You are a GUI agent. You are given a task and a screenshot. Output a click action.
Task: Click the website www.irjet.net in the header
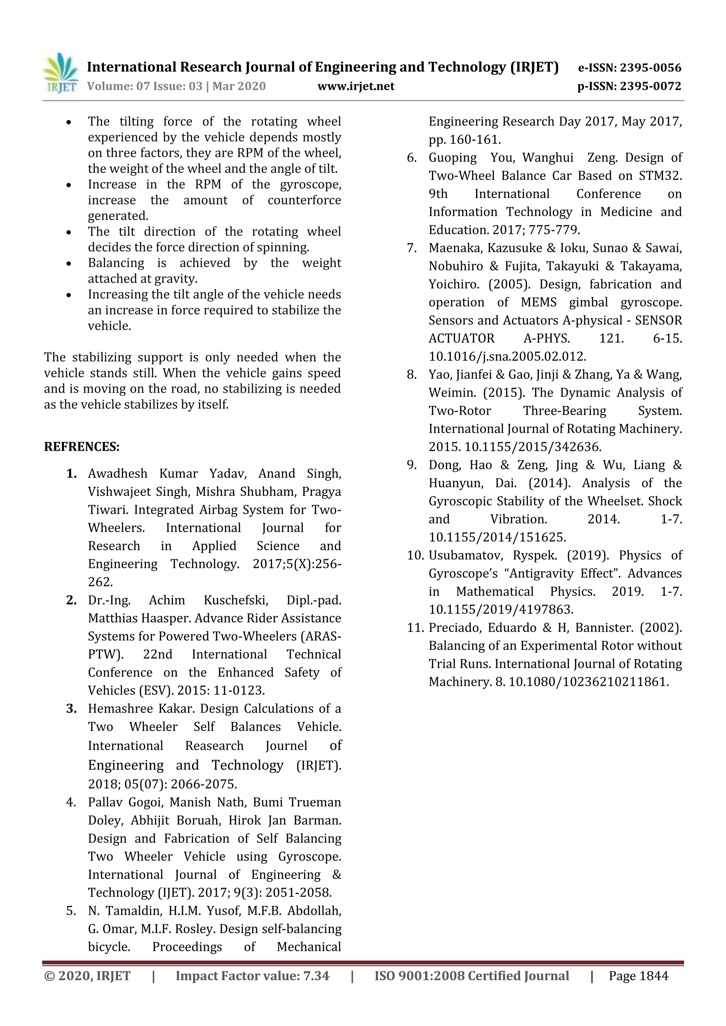pyautogui.click(x=356, y=86)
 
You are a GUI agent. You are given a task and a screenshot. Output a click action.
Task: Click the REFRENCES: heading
pyautogui.click(x=82, y=446)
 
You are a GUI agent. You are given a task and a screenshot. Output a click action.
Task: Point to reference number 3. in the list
pyautogui.click(x=72, y=709)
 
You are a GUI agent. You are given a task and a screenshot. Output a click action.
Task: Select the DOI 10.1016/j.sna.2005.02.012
pyautogui.click(x=507, y=357)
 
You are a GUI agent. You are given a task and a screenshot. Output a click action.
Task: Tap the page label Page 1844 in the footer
pyautogui.click(x=638, y=976)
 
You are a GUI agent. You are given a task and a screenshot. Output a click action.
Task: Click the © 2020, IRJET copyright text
pyautogui.click(x=87, y=976)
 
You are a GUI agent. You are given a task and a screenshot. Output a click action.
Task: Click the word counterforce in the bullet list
pyautogui.click(x=304, y=200)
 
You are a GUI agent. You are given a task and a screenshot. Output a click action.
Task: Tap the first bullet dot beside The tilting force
pyautogui.click(x=68, y=122)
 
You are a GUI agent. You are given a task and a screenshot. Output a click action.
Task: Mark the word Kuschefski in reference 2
pyautogui.click(x=236, y=600)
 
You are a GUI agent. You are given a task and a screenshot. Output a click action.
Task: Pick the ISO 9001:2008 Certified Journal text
pyautogui.click(x=471, y=976)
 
